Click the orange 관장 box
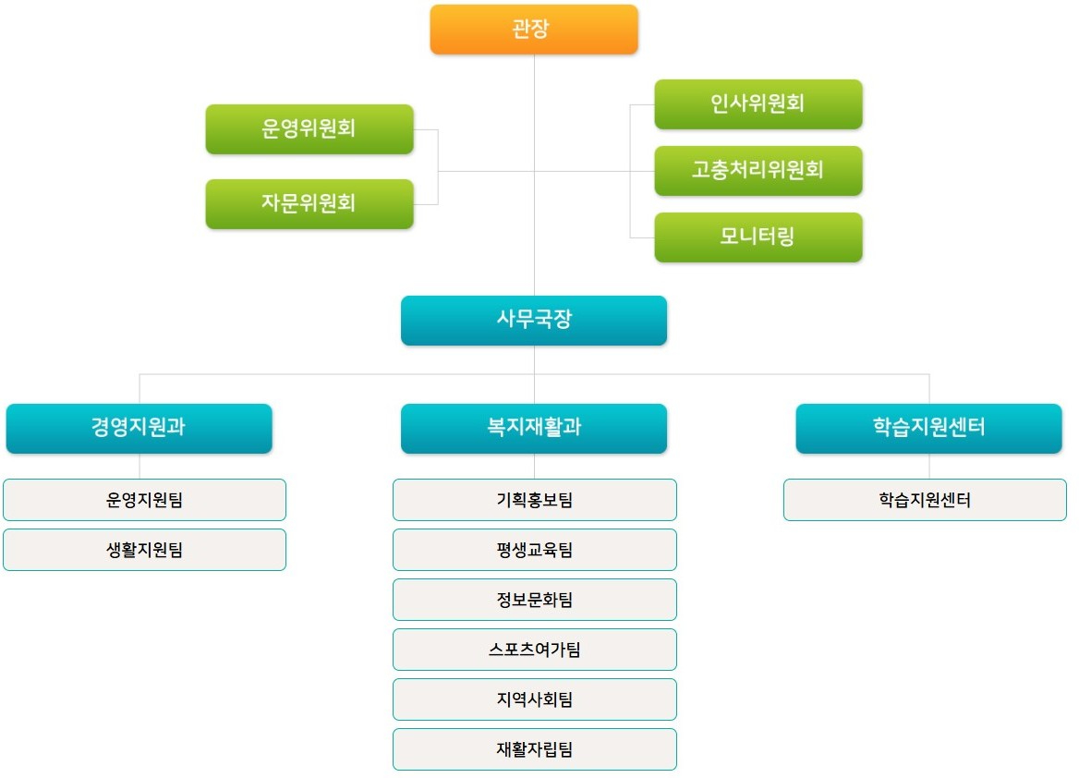534,30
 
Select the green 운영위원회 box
309,129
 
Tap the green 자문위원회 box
309,204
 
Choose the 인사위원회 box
758,104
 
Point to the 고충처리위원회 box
758,171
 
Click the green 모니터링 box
758,237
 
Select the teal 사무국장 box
534,321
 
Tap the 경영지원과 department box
139,429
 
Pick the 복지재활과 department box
534,429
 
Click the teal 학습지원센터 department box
929,429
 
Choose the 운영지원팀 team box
144,500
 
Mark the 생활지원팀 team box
144,550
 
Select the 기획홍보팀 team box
535,500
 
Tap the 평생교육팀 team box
535,550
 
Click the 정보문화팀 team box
535,600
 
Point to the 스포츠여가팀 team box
535,650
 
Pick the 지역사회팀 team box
535,699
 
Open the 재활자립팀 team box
535,749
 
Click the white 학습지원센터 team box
925,500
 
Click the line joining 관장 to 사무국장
535,175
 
